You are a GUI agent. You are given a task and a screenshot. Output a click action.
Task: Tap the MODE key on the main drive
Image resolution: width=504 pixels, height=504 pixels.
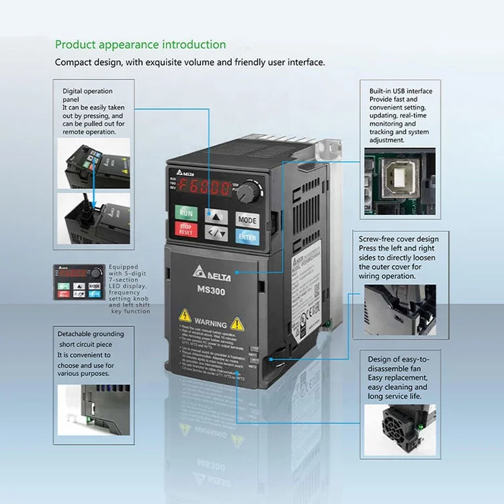tap(247, 220)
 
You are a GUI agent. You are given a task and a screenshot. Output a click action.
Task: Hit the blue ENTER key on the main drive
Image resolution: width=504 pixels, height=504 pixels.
tap(247, 237)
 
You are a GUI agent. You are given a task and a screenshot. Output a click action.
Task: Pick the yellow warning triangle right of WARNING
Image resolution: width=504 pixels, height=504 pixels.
tap(237, 323)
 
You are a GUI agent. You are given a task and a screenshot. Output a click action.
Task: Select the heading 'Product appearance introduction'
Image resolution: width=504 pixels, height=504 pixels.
tap(140, 44)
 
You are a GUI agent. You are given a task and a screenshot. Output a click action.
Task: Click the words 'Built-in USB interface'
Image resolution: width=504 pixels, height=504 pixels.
tap(401, 91)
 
